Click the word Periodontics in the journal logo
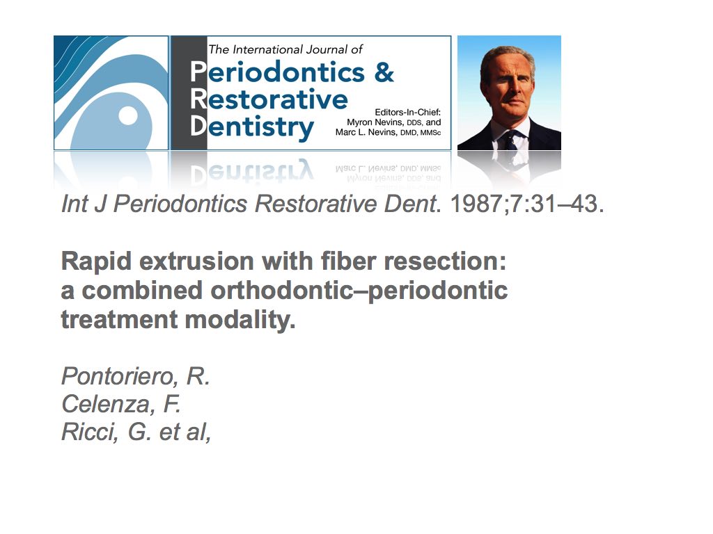pos(277,72)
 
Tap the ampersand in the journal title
pos(384,72)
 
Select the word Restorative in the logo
pos(269,99)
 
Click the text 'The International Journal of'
pos(285,49)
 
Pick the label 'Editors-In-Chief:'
pos(407,112)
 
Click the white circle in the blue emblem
pos(128,115)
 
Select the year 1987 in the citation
pos(478,204)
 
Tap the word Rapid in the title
pos(96,262)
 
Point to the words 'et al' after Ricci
pos(183,432)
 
